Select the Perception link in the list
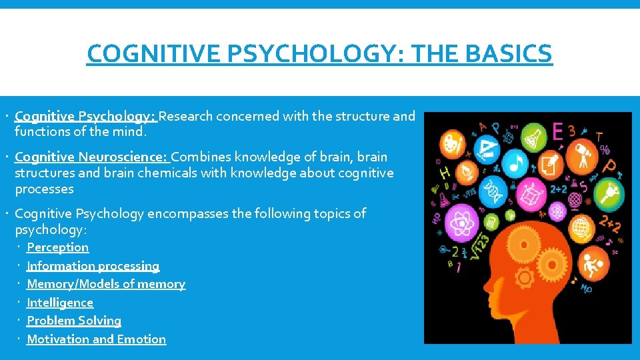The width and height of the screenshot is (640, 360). click(x=57, y=247)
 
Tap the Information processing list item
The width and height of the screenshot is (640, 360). click(x=93, y=266)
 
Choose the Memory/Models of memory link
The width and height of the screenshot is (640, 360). click(x=105, y=284)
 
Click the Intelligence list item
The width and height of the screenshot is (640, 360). click(x=60, y=303)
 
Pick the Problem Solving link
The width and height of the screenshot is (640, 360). click(x=74, y=321)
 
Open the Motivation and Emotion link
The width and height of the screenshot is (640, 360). click(x=96, y=339)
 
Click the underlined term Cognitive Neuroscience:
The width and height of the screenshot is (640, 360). click(x=92, y=157)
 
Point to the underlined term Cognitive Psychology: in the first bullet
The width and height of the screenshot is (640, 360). click(x=85, y=117)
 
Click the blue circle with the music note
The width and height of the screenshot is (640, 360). click(x=515, y=160)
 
